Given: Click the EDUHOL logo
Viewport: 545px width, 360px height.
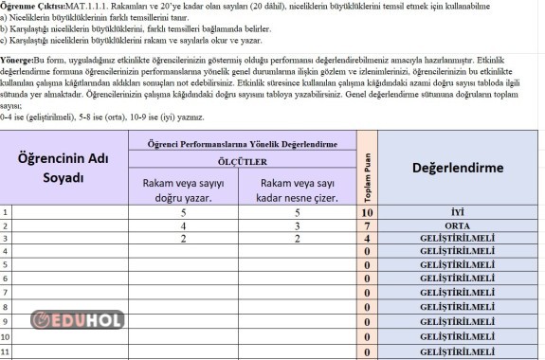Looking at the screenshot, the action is [x=78, y=319].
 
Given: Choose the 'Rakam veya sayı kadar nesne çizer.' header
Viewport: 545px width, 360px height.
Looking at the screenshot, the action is [x=300, y=189].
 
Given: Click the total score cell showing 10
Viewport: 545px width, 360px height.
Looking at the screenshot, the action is [x=366, y=213].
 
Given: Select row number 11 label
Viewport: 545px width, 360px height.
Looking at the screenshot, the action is [x=7, y=352].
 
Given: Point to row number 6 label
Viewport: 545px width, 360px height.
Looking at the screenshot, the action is [x=6, y=279].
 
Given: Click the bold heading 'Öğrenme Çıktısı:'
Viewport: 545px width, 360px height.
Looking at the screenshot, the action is [x=32, y=6].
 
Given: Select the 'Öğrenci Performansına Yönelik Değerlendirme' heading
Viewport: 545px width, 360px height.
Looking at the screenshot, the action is [x=243, y=142].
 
